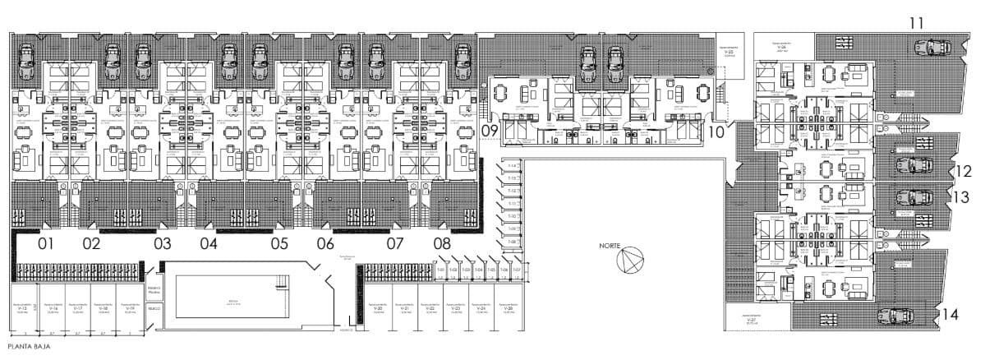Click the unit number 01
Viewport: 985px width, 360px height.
click(x=45, y=244)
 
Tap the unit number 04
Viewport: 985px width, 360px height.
click(x=209, y=244)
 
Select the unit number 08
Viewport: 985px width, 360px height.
click(x=442, y=244)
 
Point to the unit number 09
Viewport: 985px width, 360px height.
click(x=490, y=131)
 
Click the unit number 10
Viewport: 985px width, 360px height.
click(x=716, y=131)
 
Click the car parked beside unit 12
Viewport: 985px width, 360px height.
click(x=913, y=165)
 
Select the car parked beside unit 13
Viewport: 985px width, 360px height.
click(x=913, y=198)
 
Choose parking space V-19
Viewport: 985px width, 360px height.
click(x=129, y=310)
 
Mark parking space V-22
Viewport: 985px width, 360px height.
click(x=430, y=310)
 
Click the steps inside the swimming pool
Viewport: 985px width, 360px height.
click(x=281, y=285)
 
